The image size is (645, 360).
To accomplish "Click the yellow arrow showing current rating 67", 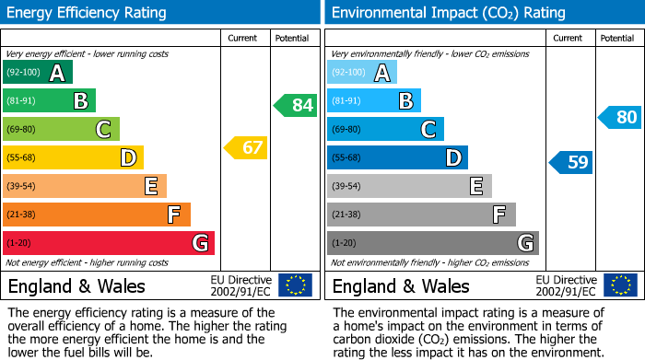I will [245, 147].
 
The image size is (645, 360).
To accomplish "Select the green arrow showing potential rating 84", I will [295, 105].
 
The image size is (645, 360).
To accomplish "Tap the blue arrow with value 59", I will [570, 163].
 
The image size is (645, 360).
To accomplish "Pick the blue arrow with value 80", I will [619, 117].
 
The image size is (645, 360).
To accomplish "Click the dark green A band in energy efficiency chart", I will [38, 73].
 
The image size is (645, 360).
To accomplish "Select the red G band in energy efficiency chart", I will [108, 243].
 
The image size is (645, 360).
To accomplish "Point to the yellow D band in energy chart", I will [73, 158].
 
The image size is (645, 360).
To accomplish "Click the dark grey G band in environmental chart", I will [432, 243].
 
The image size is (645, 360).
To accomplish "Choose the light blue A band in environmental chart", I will [362, 73].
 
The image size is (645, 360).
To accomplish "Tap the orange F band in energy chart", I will [97, 215].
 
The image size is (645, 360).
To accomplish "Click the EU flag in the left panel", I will [295, 285].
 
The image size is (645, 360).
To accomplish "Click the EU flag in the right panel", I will [619, 285].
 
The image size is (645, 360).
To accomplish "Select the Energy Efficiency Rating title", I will [88, 13].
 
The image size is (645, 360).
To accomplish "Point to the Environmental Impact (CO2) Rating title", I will [448, 13].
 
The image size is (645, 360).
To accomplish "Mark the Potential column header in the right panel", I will [616, 38].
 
